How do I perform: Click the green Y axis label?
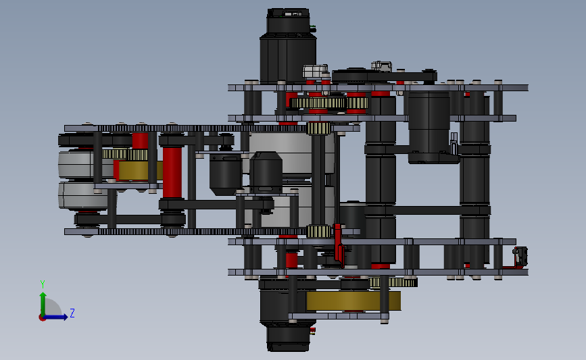(43, 284)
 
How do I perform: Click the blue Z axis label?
(72, 313)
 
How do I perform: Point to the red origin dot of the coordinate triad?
(42, 318)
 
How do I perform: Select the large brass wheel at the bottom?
(353, 301)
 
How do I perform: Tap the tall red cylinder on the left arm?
(172, 172)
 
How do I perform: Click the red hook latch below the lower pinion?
(339, 245)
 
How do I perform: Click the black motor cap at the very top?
(288, 21)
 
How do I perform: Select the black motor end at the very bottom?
(288, 338)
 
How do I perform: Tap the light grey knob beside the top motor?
(315, 72)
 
